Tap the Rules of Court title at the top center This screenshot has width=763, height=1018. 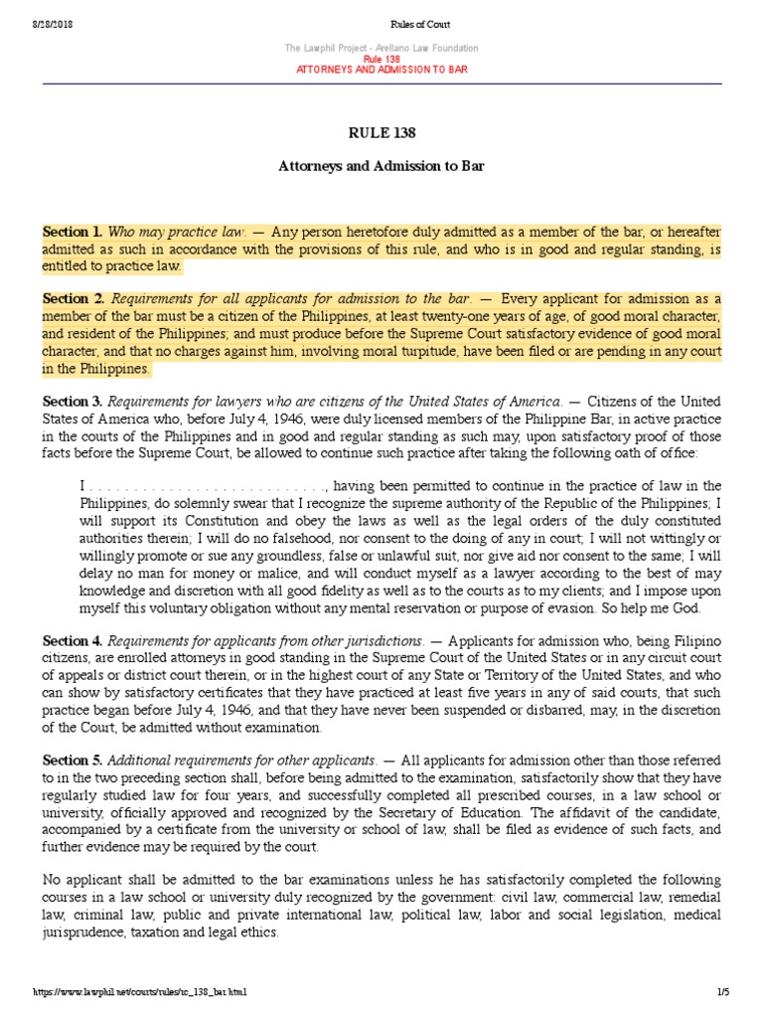(x=381, y=24)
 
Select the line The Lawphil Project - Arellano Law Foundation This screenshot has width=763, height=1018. (x=381, y=48)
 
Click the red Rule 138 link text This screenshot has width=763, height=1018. (x=381, y=59)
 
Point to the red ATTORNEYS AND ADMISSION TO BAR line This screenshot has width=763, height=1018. (x=381, y=70)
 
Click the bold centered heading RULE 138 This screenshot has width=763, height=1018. (x=381, y=133)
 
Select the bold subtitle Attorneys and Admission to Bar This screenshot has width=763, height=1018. (x=381, y=166)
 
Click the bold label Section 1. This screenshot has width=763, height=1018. (x=73, y=232)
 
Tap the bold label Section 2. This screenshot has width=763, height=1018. (x=73, y=298)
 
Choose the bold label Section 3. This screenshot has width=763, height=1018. (x=73, y=402)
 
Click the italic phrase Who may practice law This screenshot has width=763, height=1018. (x=176, y=232)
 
